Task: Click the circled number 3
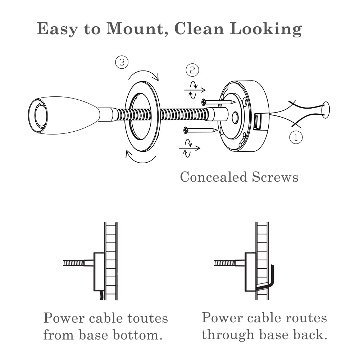coord(122,63)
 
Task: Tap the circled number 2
coord(192,70)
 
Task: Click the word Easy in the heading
coord(56,29)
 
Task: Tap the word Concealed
coord(213,177)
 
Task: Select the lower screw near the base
coord(200,130)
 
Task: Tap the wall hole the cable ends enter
coord(326,110)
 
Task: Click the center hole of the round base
coord(236,118)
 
